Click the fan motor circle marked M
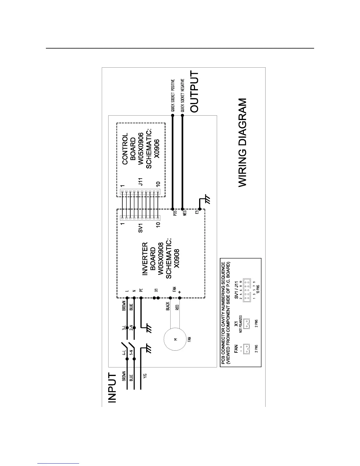point(176,339)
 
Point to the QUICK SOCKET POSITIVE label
point(173,95)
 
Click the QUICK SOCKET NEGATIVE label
point(182,95)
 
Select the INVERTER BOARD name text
point(149,259)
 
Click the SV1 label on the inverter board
point(141,228)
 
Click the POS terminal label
point(175,213)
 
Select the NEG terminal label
point(185,213)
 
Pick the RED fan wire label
point(177,308)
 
